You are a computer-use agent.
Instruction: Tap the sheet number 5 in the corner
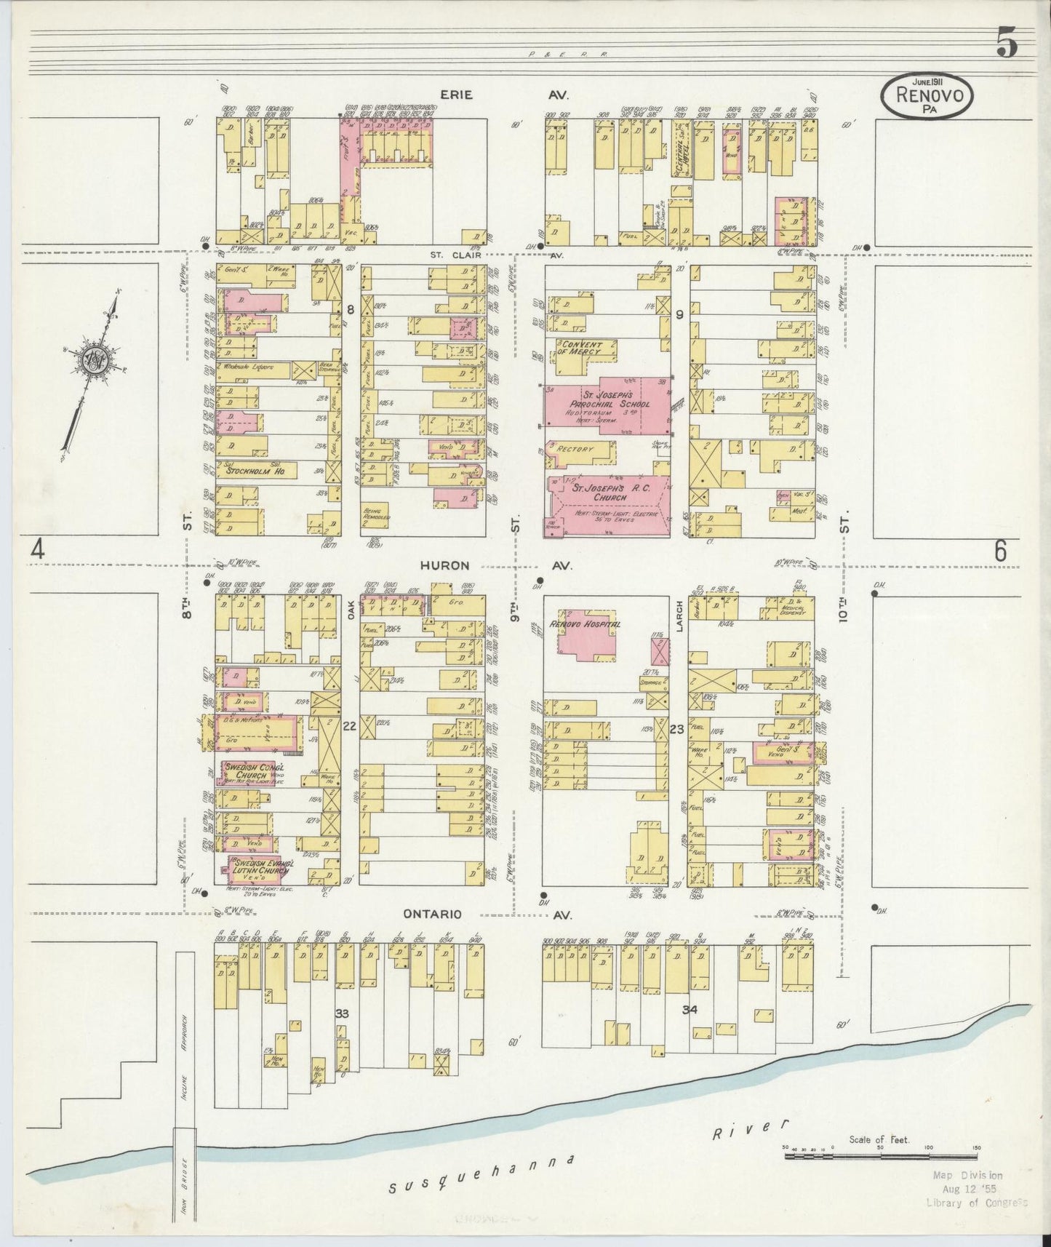[x=1007, y=46]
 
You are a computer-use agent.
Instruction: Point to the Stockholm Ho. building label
[x=255, y=471]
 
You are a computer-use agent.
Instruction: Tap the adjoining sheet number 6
[x=1001, y=552]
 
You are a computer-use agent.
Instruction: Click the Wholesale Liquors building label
[x=247, y=367]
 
